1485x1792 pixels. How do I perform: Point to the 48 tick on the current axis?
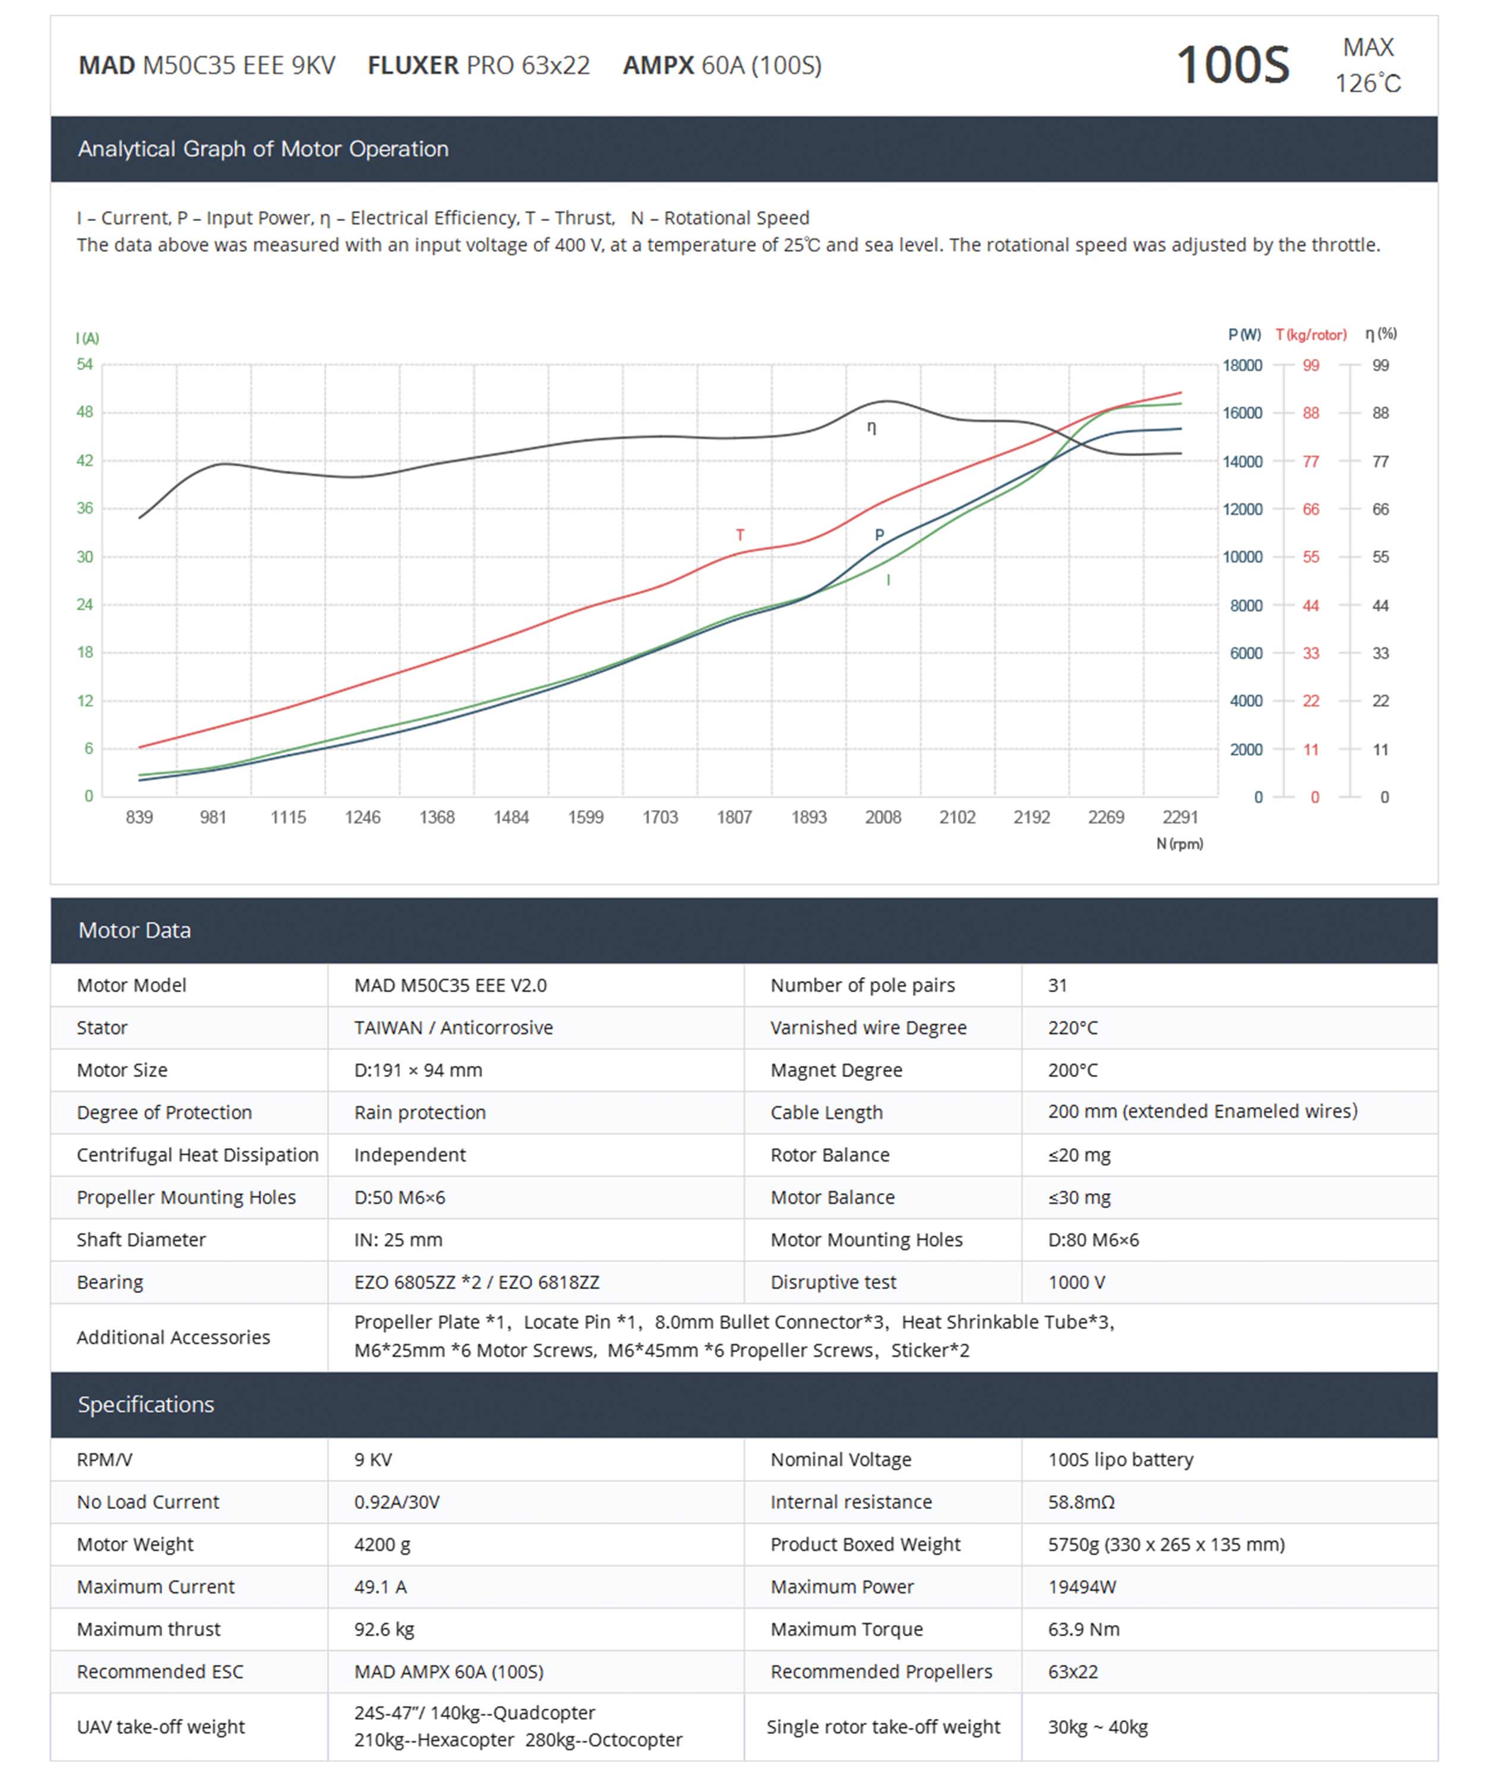(x=84, y=412)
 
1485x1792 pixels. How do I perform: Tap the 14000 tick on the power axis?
(x=1242, y=462)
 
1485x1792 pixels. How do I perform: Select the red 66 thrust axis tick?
(x=1310, y=509)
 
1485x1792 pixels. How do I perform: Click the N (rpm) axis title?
(x=1178, y=844)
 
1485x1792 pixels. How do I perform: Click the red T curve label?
(x=740, y=535)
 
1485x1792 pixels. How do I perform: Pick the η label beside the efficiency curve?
(x=871, y=428)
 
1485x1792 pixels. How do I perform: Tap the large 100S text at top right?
(x=1233, y=65)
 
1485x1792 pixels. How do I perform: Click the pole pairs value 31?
(x=1057, y=985)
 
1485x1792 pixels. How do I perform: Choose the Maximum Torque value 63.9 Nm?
(x=1083, y=1629)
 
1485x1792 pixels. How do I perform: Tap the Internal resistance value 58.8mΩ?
(x=1080, y=1502)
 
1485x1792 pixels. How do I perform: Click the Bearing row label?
(x=110, y=1282)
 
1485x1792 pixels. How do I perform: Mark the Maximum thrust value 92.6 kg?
(x=384, y=1629)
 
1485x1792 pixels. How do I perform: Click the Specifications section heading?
(x=146, y=1405)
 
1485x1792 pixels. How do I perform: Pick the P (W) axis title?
(x=1244, y=335)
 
